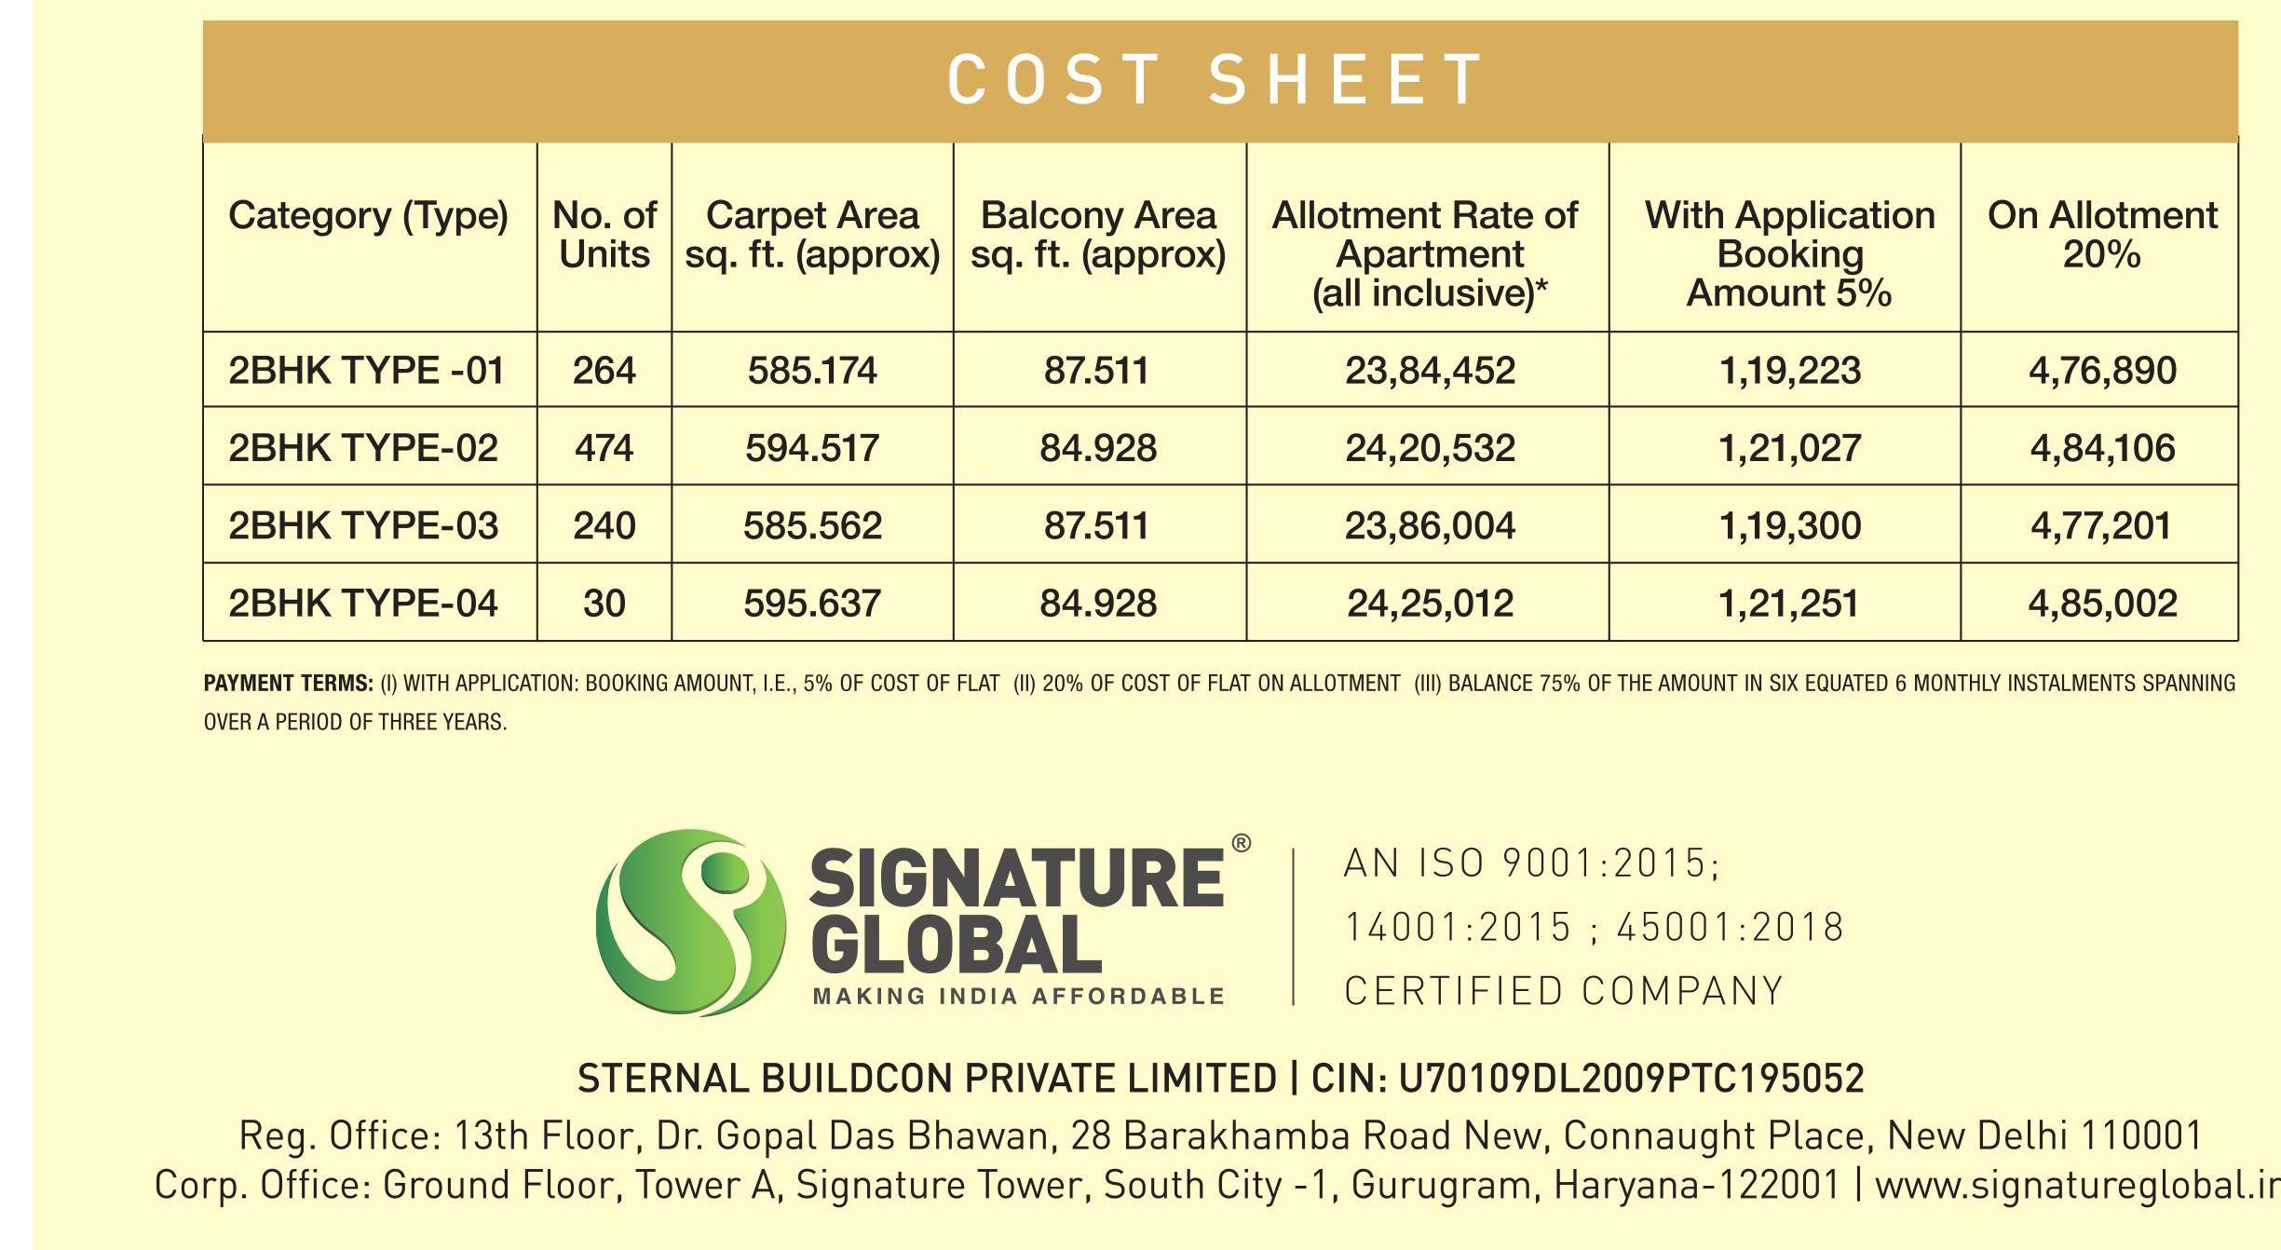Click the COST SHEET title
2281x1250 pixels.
(x=1215, y=79)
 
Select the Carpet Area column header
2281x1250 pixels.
(x=812, y=235)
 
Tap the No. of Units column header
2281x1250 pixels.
(x=604, y=235)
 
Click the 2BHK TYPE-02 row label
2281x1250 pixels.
(x=363, y=448)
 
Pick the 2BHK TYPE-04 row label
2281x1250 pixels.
(x=363, y=604)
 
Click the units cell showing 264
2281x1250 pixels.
(x=604, y=371)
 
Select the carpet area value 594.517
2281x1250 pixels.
(x=812, y=448)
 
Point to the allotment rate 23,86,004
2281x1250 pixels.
(x=1430, y=526)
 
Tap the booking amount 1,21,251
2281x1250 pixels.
(x=1788, y=604)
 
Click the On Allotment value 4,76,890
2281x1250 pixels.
(x=2102, y=371)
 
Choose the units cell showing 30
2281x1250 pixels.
(x=604, y=604)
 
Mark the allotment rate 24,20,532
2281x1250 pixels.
(x=1430, y=448)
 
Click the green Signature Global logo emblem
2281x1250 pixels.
(x=690, y=921)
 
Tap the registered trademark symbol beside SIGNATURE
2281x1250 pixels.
(x=1241, y=844)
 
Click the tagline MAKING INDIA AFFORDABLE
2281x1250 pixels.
(x=1018, y=997)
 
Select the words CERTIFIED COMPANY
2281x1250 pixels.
(x=1564, y=991)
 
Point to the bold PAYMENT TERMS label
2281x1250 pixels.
(x=289, y=684)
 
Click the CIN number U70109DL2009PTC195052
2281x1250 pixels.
(x=1632, y=1079)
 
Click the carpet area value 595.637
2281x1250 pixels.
(x=812, y=604)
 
